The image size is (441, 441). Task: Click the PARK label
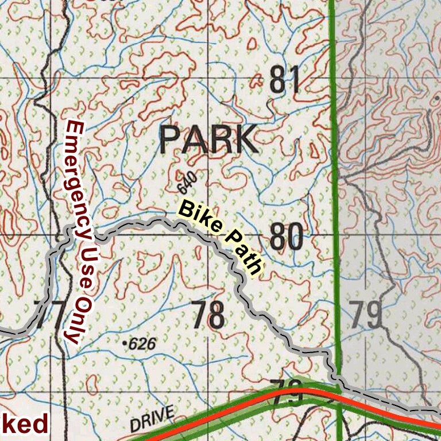(208, 140)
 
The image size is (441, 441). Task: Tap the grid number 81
(285, 80)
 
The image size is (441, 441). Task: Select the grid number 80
(286, 237)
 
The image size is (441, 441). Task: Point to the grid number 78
(208, 315)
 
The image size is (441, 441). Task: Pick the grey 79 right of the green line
(366, 315)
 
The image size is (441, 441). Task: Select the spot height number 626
(143, 344)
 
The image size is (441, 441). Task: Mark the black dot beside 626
(125, 343)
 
